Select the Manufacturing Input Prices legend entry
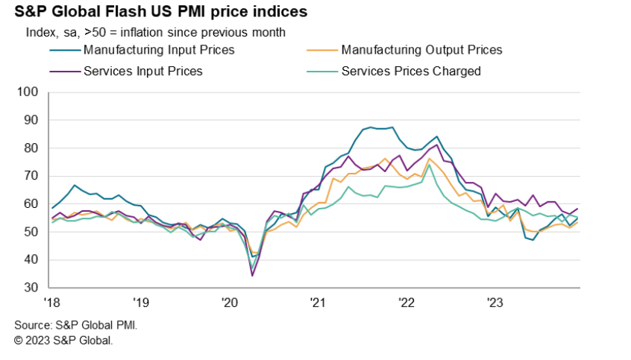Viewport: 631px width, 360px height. click(x=159, y=50)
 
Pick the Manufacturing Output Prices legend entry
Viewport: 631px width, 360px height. click(x=421, y=50)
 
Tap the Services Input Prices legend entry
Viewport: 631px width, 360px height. click(x=143, y=72)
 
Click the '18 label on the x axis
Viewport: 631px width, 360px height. click(x=51, y=303)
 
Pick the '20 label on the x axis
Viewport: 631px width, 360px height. click(x=229, y=303)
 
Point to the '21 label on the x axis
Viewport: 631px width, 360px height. click(x=318, y=303)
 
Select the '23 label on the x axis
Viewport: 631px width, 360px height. click(x=495, y=303)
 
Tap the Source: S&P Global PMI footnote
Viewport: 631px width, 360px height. click(x=76, y=326)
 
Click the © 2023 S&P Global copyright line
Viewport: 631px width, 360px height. click(x=63, y=340)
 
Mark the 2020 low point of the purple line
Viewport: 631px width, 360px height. click(x=252, y=276)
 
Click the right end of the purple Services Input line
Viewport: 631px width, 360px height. click(x=578, y=209)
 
